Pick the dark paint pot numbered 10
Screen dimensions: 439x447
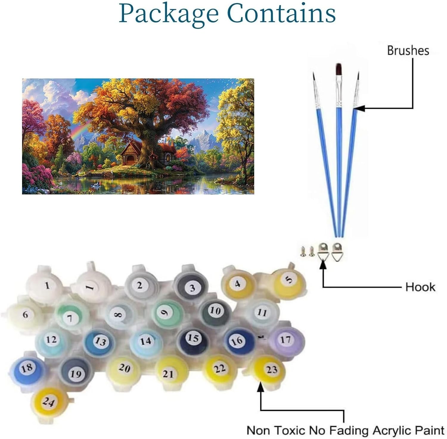215,311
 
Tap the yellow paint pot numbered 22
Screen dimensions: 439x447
220,369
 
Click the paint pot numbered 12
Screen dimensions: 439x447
51,340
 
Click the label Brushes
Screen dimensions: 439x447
408,51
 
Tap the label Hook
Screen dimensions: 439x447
420,287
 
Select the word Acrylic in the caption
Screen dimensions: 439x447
391,431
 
